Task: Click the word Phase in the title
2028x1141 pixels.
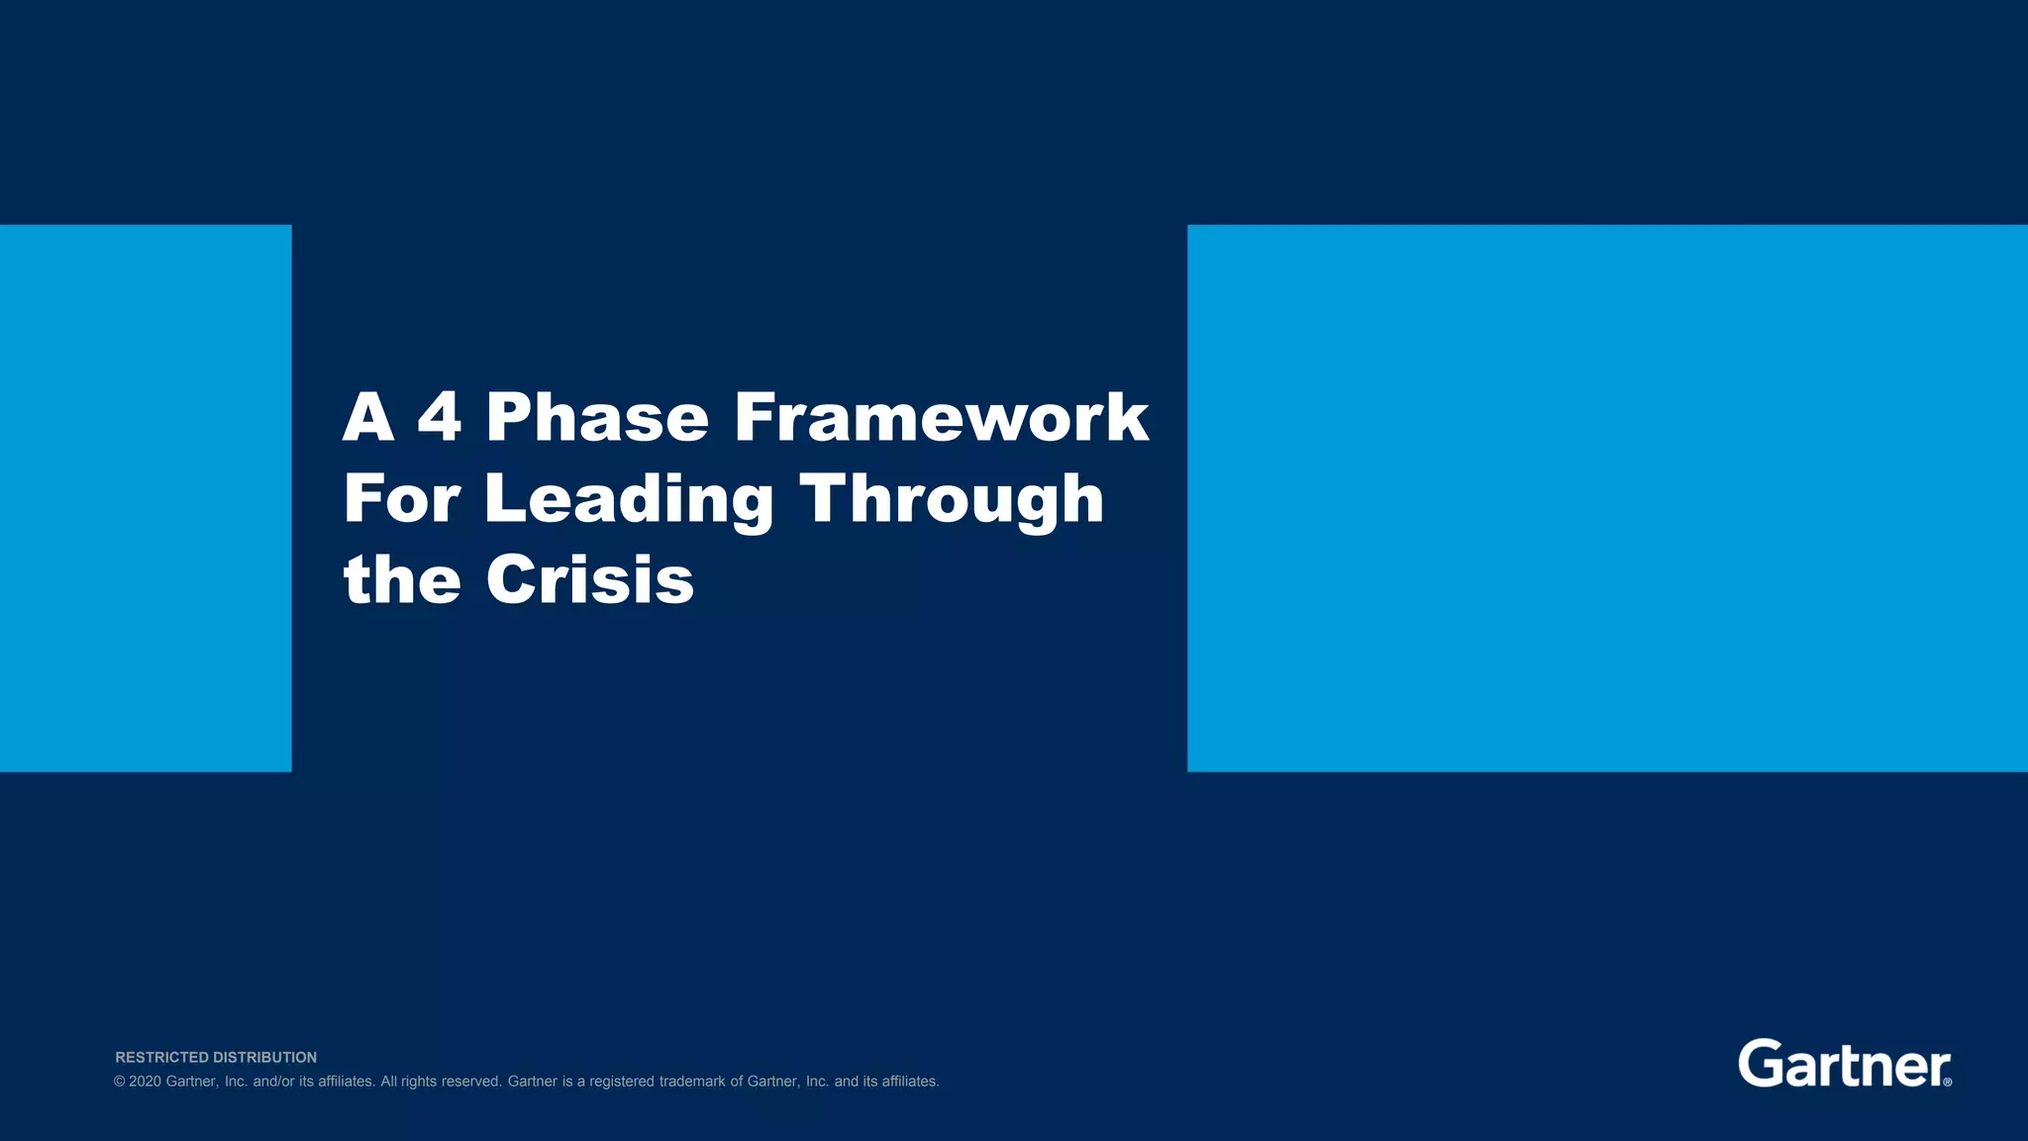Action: click(597, 418)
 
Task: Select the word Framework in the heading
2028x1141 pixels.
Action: click(941, 418)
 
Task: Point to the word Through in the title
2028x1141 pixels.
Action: click(951, 500)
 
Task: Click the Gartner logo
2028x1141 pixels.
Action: click(1840, 1065)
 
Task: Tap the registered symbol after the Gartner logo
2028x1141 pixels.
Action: click(1948, 1083)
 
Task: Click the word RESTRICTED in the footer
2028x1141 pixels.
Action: click(161, 1058)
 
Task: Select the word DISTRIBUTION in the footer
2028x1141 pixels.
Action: click(264, 1058)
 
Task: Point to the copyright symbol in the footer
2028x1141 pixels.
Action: click(120, 1082)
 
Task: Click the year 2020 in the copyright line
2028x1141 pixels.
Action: click(145, 1082)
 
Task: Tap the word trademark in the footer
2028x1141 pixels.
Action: click(692, 1082)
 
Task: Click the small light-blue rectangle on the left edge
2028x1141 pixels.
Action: click(146, 498)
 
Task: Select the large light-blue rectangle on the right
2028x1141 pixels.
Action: click(1607, 498)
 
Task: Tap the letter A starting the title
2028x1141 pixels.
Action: click(368, 418)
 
